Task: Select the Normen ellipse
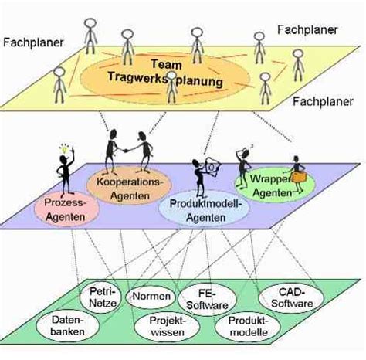coord(151,297)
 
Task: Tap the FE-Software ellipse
coord(207,300)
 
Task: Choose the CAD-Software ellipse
coord(291,297)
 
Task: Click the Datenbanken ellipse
coord(68,326)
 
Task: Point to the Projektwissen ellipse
coord(168,327)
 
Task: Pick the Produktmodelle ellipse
coord(248,327)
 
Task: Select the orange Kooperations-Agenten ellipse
coord(129,187)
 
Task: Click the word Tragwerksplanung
coord(165,79)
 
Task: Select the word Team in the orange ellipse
coord(166,64)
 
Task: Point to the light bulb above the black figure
coord(64,149)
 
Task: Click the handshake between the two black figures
coord(126,151)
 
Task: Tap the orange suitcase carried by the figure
coord(298,177)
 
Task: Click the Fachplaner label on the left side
coord(33,42)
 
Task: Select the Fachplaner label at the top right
coord(307,30)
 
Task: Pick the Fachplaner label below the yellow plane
coord(323,102)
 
